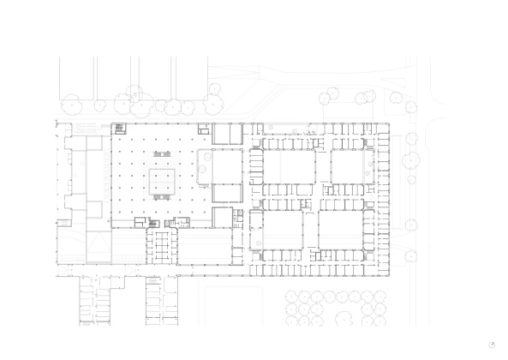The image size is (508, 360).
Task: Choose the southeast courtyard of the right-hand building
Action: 343,230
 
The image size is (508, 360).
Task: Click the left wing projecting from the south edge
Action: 97,301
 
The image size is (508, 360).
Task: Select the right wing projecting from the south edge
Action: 159,301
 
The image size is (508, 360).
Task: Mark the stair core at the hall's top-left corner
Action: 118,129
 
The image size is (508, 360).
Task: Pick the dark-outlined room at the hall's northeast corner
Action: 228,134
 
